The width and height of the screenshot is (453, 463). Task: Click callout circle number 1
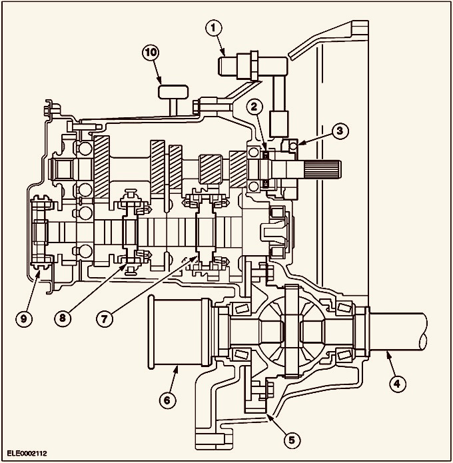(x=214, y=29)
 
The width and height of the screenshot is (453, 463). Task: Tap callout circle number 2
(x=254, y=107)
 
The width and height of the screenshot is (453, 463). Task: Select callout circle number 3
(x=340, y=131)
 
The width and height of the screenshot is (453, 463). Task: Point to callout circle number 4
(x=396, y=384)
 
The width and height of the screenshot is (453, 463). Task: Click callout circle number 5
(x=292, y=440)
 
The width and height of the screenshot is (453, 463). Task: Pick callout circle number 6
(x=167, y=400)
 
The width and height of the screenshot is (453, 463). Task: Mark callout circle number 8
(x=63, y=318)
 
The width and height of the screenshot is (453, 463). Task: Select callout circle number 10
(x=151, y=52)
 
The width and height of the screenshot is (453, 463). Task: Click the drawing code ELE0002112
(x=27, y=453)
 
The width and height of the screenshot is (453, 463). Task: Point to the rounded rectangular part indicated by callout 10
(x=173, y=92)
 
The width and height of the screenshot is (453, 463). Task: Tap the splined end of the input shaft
(x=323, y=170)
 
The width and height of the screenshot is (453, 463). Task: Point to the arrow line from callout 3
(x=315, y=138)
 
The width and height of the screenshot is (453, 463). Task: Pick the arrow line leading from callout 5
(x=276, y=424)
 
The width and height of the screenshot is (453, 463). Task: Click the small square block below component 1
(x=279, y=124)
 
